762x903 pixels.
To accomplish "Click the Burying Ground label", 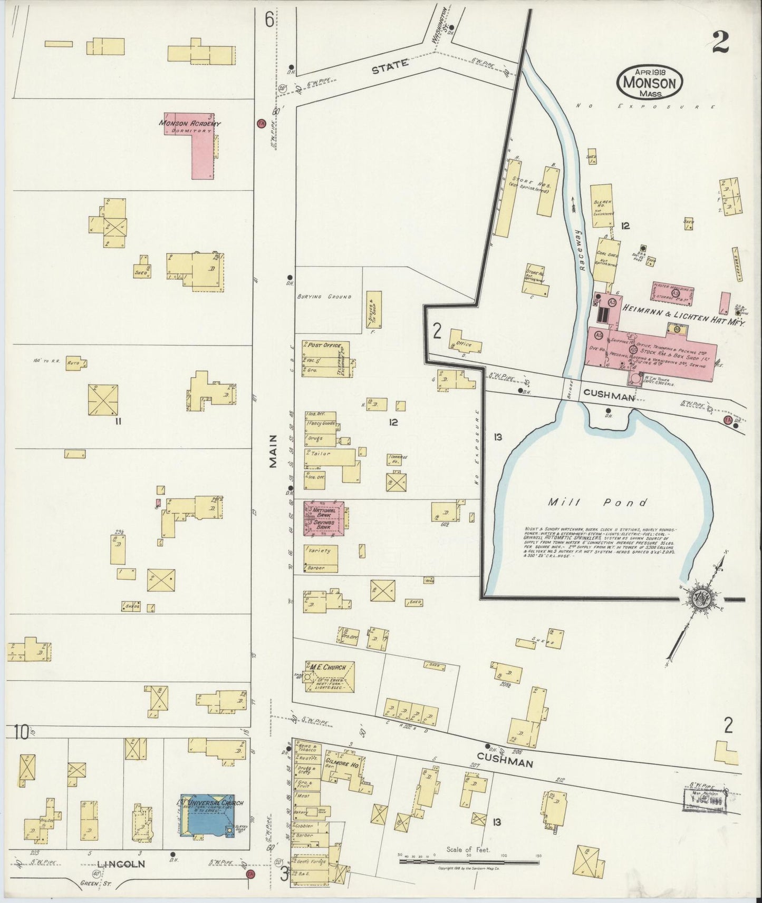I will (x=331, y=297).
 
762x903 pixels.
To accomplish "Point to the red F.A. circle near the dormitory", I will (x=260, y=123).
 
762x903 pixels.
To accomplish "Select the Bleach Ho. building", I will (x=602, y=205).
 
